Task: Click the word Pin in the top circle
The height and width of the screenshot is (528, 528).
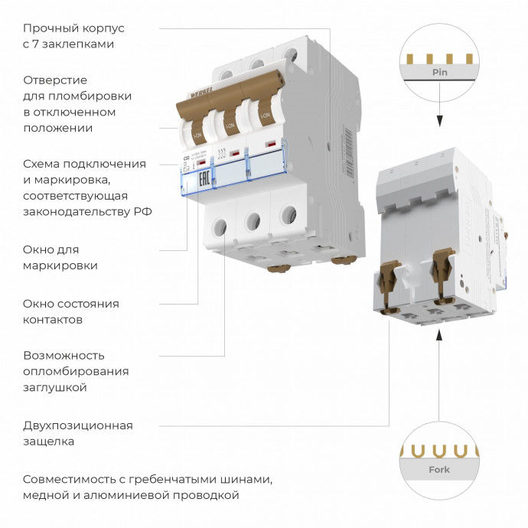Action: (439, 73)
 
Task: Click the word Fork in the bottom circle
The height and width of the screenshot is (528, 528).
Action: (439, 470)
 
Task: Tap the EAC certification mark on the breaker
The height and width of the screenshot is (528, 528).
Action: (204, 181)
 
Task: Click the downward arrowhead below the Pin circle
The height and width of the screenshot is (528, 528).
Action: (440, 121)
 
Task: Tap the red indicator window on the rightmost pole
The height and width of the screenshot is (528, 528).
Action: (270, 145)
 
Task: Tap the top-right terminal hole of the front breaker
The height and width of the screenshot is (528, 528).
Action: (289, 55)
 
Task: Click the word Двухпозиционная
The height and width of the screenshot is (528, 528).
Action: (78, 425)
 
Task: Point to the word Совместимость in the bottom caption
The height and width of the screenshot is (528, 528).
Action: (67, 479)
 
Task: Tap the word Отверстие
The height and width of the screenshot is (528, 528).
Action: (55, 80)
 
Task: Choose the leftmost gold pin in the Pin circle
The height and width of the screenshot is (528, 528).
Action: (412, 58)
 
